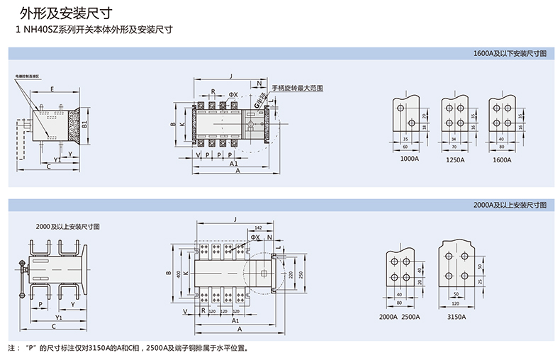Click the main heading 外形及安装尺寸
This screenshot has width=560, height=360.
coord(63,13)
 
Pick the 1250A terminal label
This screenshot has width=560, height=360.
coord(455,159)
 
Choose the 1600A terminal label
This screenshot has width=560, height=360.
coord(503,159)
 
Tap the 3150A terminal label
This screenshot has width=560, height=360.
coord(457,317)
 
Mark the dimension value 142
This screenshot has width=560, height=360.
coord(258,227)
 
